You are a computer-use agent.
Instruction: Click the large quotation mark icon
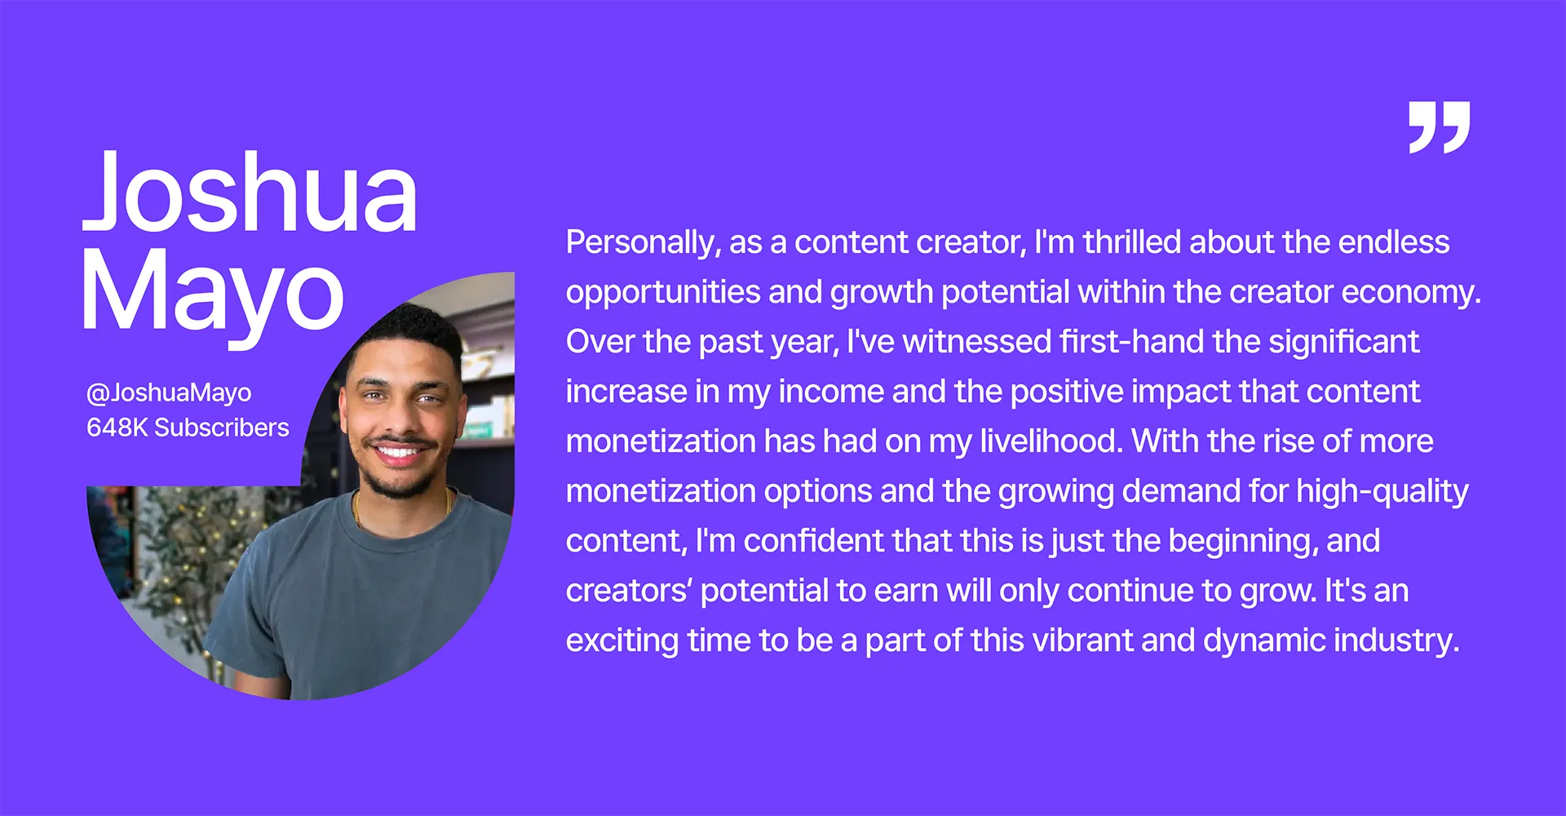click(x=1439, y=127)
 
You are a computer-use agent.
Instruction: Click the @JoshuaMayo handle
click(x=169, y=392)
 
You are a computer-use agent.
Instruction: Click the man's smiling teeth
click(x=400, y=451)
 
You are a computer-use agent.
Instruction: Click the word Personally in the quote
click(x=644, y=243)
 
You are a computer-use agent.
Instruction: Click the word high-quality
click(x=1382, y=492)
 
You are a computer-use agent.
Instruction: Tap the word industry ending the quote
click(x=1396, y=641)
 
